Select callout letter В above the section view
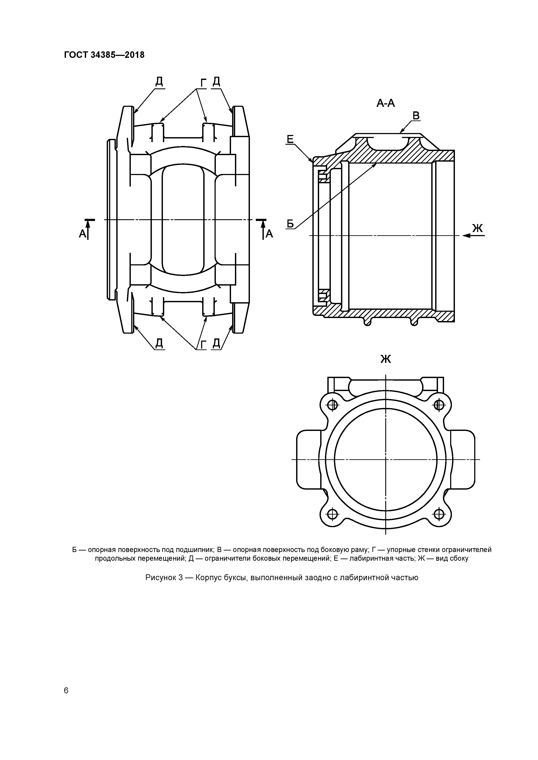click(416, 116)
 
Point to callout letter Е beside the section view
click(290, 139)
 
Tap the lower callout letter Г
click(203, 344)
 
